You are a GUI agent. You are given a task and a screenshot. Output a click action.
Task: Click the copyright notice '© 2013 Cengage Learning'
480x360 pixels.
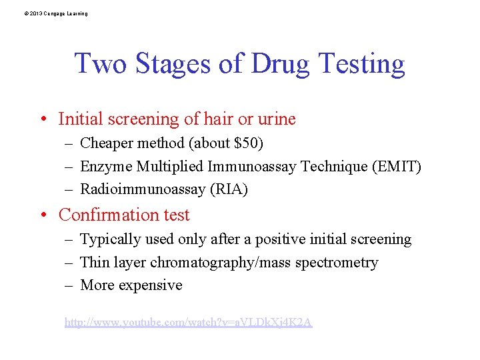[x=54, y=13]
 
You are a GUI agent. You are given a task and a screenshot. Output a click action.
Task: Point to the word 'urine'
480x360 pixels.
[x=276, y=119]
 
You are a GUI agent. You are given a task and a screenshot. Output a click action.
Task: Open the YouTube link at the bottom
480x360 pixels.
[x=188, y=323]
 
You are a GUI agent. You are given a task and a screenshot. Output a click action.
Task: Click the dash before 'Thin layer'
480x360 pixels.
[x=69, y=263]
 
